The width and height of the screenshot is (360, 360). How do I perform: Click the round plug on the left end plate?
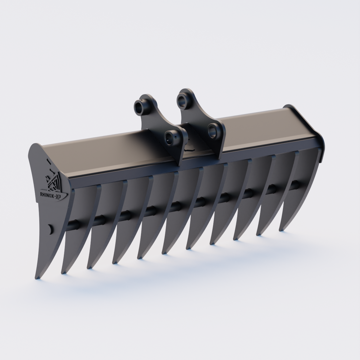tap(50, 229)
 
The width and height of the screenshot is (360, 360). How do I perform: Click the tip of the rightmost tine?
tap(281, 230)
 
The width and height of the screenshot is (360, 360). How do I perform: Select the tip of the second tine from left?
tap(63, 272)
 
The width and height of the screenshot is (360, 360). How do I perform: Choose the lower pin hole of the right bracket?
tap(214, 130)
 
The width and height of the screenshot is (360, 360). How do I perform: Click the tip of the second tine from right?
tap(258, 234)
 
